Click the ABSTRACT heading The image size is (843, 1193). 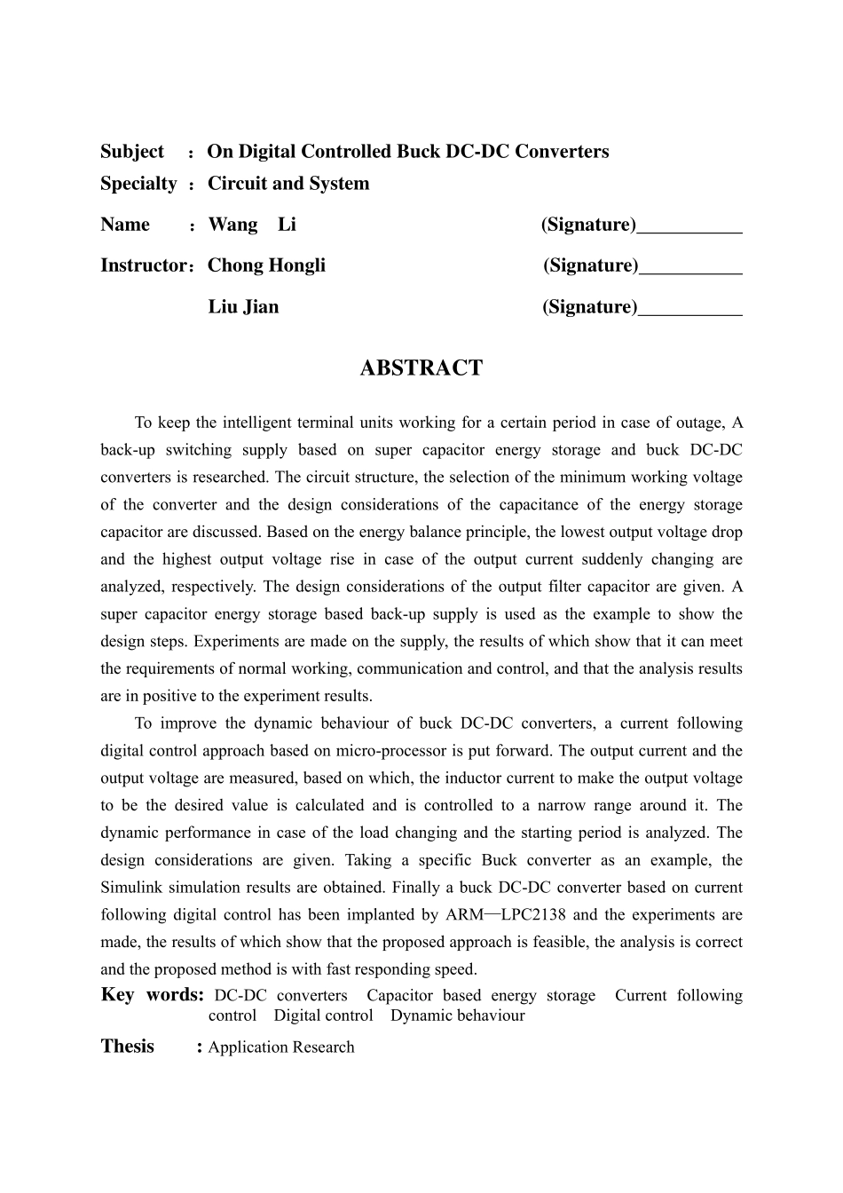(421, 368)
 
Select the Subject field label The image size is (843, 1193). (132, 152)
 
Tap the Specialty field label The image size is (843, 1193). (138, 184)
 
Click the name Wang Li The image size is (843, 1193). (252, 225)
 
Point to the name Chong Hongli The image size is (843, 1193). (266, 265)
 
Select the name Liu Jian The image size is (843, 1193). (243, 307)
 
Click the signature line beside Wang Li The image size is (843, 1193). (689, 229)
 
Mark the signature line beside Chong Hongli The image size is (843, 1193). (689, 270)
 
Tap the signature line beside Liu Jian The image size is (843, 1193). (689, 312)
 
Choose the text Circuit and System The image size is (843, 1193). (288, 184)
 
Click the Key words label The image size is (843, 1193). (153, 994)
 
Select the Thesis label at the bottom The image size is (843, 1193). (128, 1047)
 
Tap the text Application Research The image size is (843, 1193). (281, 1047)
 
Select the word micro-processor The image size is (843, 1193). (386, 751)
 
